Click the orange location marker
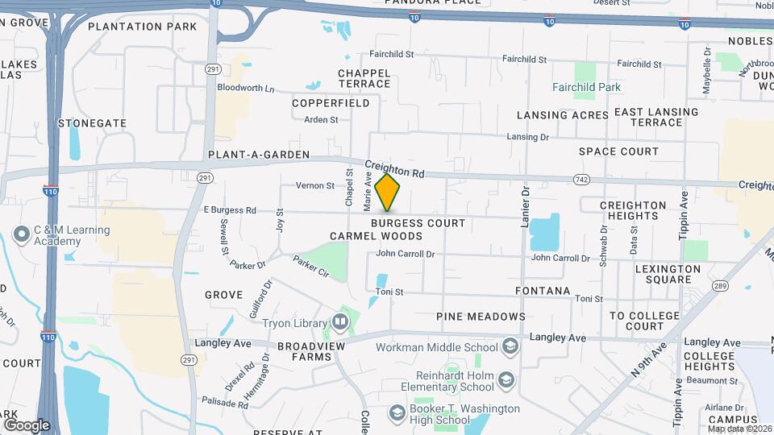(x=388, y=193)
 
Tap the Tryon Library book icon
(x=340, y=324)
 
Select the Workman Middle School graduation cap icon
(x=510, y=347)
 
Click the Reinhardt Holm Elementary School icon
(x=506, y=379)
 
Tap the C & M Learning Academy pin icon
(x=21, y=236)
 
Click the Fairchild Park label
(x=586, y=87)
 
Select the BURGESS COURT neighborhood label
(x=418, y=222)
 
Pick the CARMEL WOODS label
(x=376, y=236)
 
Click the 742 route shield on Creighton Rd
(x=580, y=178)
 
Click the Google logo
(x=27, y=425)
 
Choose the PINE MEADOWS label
(x=481, y=317)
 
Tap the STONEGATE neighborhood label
(x=93, y=123)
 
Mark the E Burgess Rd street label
(x=230, y=210)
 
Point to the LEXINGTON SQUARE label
(x=668, y=274)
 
